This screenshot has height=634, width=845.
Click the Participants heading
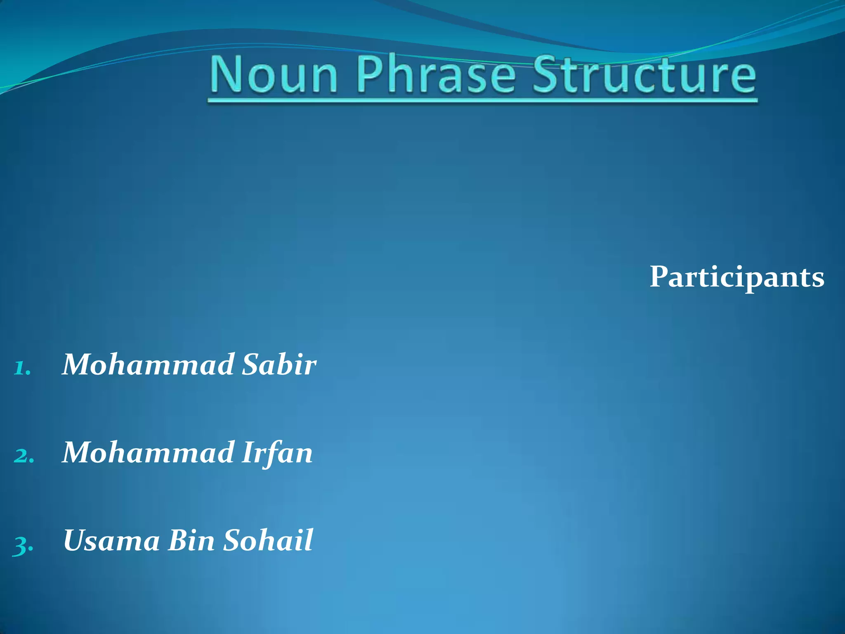(x=737, y=277)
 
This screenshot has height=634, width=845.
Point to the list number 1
(x=21, y=367)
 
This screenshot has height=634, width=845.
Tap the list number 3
(x=23, y=544)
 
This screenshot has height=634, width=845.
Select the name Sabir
(x=279, y=365)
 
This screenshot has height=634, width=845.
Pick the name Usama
(x=111, y=540)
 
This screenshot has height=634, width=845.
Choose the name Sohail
(x=268, y=540)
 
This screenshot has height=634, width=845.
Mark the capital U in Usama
(x=77, y=540)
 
